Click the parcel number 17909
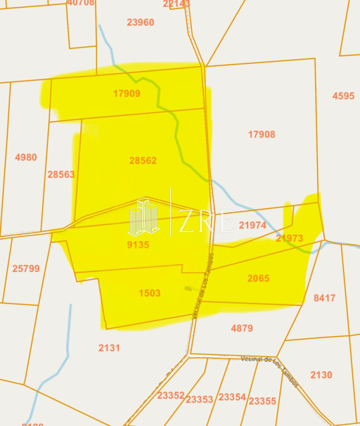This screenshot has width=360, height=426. [126, 94]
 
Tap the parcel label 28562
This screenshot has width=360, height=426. [143, 161]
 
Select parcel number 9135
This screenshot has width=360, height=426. [138, 245]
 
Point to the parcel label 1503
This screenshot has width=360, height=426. [149, 293]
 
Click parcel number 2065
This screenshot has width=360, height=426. [258, 279]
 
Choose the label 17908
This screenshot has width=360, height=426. [261, 134]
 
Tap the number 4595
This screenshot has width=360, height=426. [343, 96]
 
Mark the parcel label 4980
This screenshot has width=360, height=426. [26, 158]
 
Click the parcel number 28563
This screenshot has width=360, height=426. [61, 175]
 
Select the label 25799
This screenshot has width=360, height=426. [26, 269]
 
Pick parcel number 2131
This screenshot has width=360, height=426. [109, 348]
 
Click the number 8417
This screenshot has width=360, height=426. [324, 298]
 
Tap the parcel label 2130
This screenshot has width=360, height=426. [321, 375]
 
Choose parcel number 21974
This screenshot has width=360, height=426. [252, 226]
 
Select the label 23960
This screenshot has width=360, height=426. [141, 23]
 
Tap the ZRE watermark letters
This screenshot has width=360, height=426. [206, 221]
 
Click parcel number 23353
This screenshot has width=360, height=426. [199, 399]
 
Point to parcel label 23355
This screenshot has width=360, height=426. [262, 401]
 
